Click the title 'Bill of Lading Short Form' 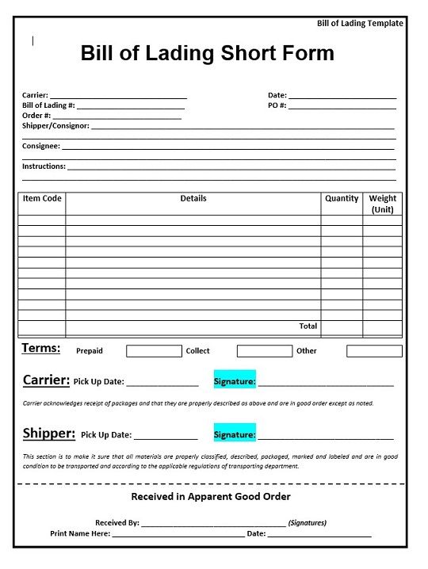pos(207,54)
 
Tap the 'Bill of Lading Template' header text pos(360,23)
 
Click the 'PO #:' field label pos(277,105)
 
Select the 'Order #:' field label pos(36,116)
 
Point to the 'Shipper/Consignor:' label pos(55,126)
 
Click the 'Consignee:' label pos(40,146)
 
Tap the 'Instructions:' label pos(44,166)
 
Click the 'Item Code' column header pos(41,199)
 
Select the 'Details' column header pos(193,199)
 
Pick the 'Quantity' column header pos(342,199)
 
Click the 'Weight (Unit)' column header pos(383,204)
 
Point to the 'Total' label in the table pos(308,326)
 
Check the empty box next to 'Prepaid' pos(154,351)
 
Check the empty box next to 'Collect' pos(264,351)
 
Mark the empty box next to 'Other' pos(374,351)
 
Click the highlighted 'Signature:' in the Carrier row pos(235,381)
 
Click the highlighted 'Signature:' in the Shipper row pos(235,434)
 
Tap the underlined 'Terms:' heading pos(40,349)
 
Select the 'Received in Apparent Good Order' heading pos(210,497)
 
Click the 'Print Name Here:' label pos(79,534)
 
